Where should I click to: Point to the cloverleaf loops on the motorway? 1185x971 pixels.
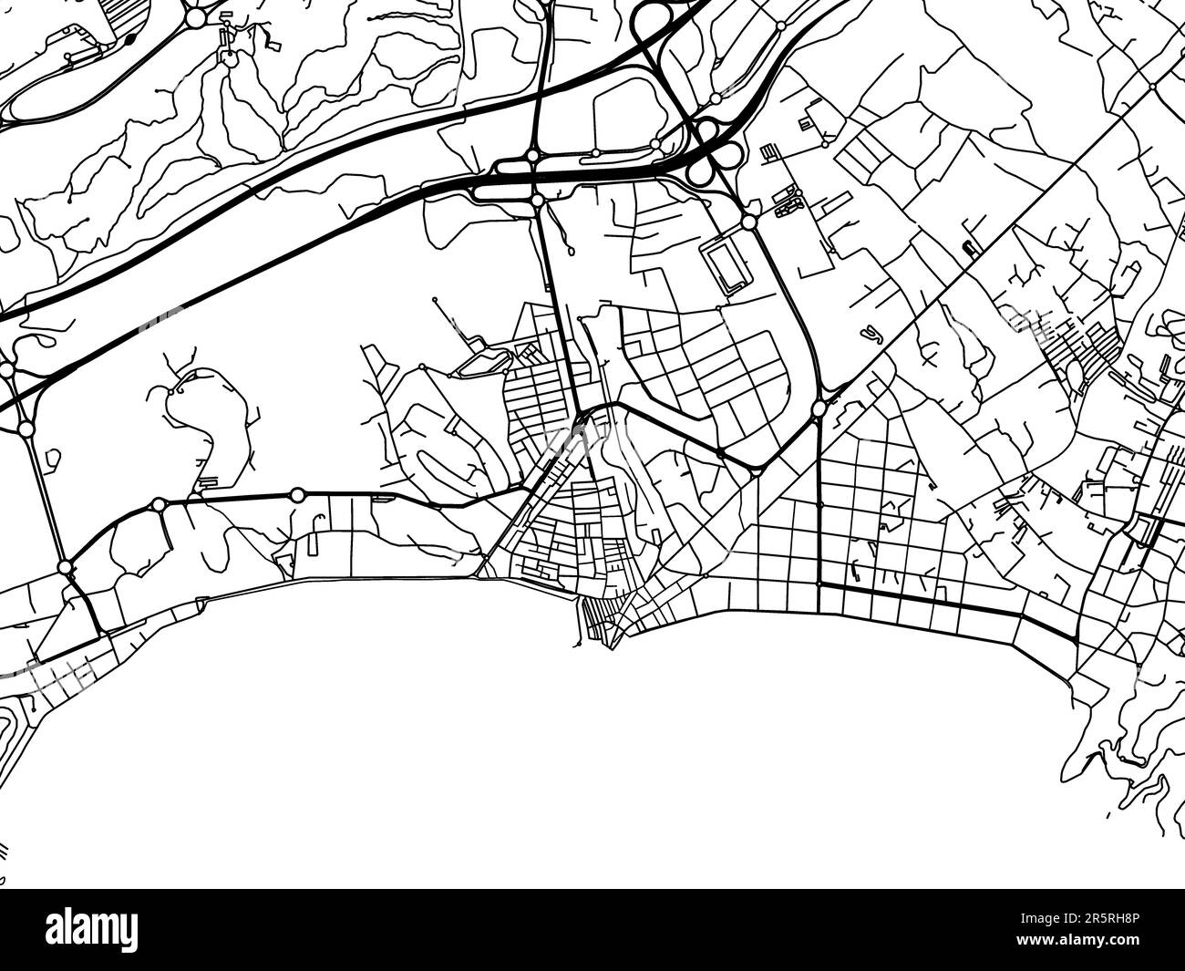tap(706, 151)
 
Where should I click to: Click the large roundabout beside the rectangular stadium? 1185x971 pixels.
tap(748, 222)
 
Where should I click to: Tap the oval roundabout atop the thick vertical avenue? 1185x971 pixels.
tap(819, 408)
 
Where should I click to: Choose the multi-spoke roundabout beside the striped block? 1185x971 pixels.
tap(194, 17)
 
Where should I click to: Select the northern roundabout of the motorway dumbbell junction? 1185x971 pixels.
tap(532, 156)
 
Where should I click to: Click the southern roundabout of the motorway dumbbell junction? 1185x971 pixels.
tap(538, 200)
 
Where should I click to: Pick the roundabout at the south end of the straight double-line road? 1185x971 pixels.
tap(64, 568)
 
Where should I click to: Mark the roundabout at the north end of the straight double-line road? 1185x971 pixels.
tap(25, 429)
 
